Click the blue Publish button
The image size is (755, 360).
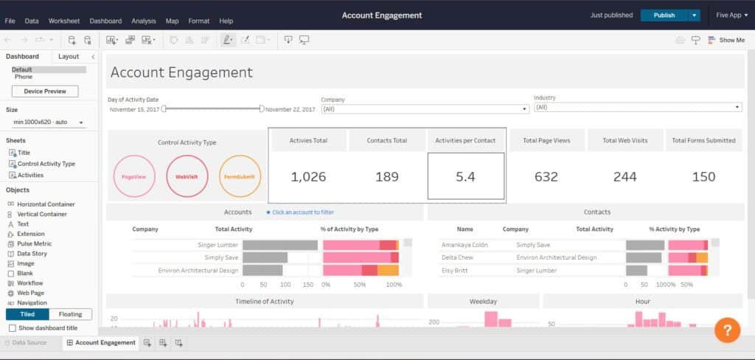pyautogui.click(x=664, y=15)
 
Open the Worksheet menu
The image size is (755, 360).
pyautogui.click(x=64, y=21)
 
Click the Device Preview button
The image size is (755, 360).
pyautogui.click(x=45, y=91)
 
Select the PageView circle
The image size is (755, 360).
pyautogui.click(x=133, y=177)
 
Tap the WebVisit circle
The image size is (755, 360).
pyautogui.click(x=187, y=177)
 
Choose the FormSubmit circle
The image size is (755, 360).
pyautogui.click(x=240, y=177)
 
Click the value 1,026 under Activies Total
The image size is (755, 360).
pyautogui.click(x=308, y=177)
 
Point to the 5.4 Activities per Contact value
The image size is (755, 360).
pyautogui.click(x=466, y=177)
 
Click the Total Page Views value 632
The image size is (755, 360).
pyautogui.click(x=546, y=177)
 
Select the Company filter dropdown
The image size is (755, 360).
pyautogui.click(x=425, y=108)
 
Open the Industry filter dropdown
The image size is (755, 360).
pyautogui.click(x=637, y=107)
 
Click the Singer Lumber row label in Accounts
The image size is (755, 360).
pyautogui.click(x=218, y=245)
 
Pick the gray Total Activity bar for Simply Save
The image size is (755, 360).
pyautogui.click(x=265, y=257)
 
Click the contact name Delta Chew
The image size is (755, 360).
pyautogui.click(x=457, y=257)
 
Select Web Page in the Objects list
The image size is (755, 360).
pyautogui.click(x=32, y=293)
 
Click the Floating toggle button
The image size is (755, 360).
pyautogui.click(x=70, y=314)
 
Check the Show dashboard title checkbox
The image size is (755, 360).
pyautogui.click(x=12, y=328)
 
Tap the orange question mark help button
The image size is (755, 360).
pyautogui.click(x=727, y=330)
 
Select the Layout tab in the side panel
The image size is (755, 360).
pyautogui.click(x=69, y=56)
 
